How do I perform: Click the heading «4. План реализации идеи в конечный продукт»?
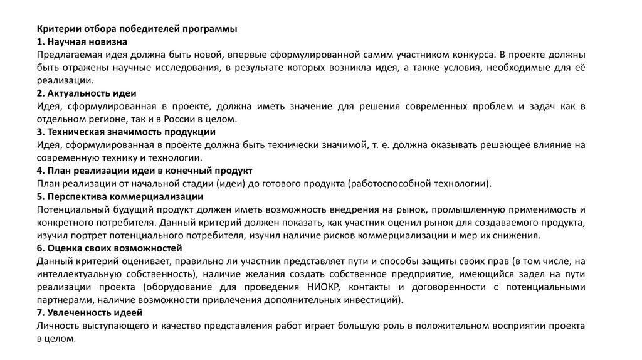[144, 171]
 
